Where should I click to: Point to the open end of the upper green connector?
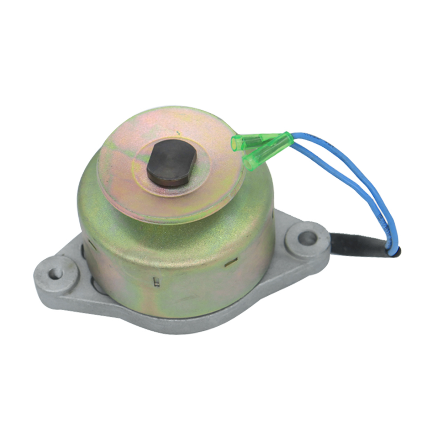[234, 143]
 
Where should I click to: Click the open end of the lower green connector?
[249, 164]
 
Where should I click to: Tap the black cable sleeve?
[356, 242]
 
